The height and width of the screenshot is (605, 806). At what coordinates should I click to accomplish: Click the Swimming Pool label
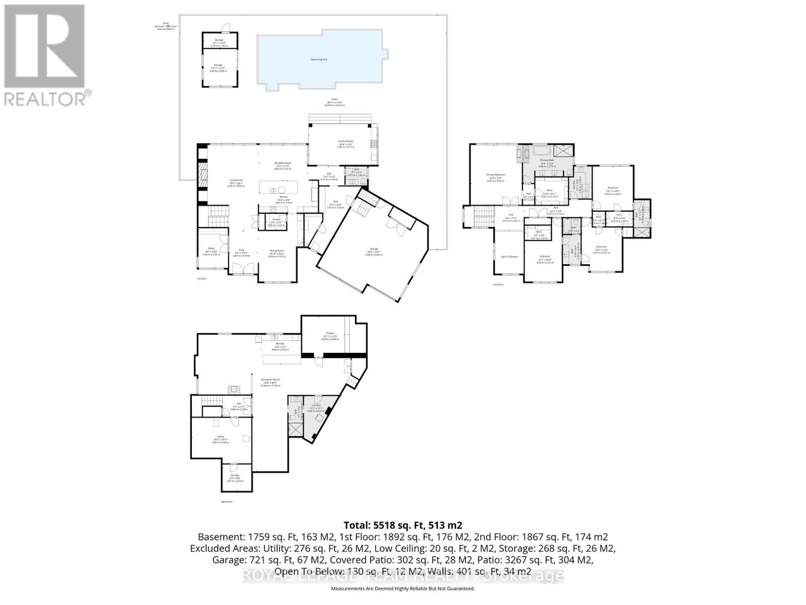coord(319,59)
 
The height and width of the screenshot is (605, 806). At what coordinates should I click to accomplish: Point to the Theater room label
coord(330,334)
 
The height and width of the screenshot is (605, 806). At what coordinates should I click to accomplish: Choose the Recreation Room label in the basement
coord(270,380)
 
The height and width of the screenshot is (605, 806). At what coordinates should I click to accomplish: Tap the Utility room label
coord(220,437)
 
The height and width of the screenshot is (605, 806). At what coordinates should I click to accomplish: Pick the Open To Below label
coord(509,257)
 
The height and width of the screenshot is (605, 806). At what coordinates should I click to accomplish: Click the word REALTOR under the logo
coord(45,98)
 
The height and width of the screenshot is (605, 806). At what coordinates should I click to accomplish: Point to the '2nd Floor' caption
coord(498,284)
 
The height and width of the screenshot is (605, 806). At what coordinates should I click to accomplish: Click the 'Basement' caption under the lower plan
coord(227,502)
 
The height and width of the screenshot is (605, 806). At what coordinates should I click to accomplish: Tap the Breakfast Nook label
coord(283,163)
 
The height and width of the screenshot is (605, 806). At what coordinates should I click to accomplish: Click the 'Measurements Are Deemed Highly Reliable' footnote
coord(402,588)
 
